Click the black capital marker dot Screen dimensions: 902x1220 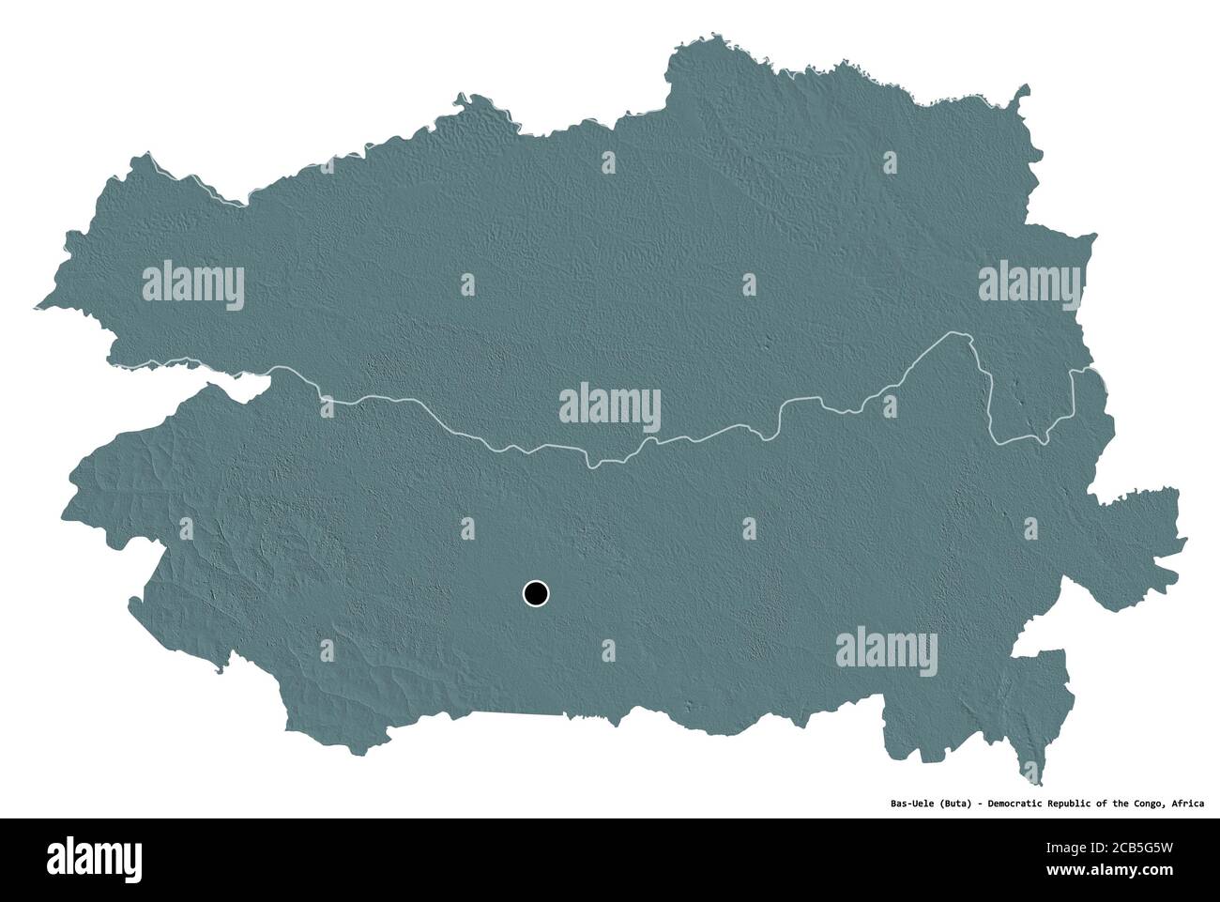click(535, 593)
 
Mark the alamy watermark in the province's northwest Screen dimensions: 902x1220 click(193, 283)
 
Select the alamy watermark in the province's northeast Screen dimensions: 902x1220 click(1029, 283)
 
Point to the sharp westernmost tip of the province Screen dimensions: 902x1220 click(36, 306)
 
